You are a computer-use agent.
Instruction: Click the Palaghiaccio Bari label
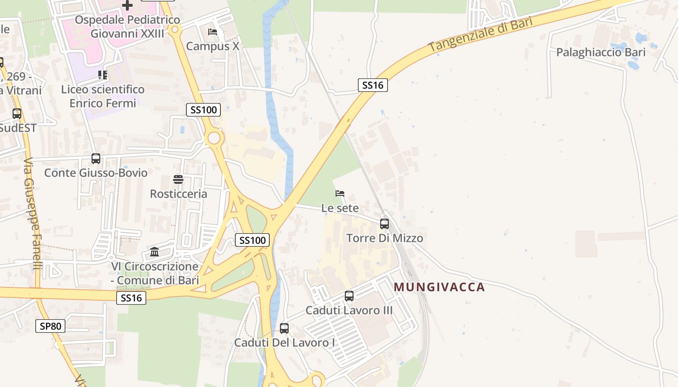point(601,52)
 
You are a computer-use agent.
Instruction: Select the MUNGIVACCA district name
point(439,287)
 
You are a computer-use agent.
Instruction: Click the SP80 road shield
point(50,326)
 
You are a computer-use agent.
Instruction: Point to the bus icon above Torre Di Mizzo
point(385,223)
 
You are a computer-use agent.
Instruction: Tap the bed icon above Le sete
point(340,193)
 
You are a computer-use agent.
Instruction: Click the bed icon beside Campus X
point(213,32)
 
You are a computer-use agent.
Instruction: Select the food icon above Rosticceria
point(178,179)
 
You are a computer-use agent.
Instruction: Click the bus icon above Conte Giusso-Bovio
point(96,158)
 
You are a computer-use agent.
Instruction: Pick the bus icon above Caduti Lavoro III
point(349,296)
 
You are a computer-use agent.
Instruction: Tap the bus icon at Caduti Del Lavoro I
point(284,328)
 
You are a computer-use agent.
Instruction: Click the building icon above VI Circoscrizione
point(154,252)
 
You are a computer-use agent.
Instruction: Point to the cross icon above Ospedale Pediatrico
point(127,5)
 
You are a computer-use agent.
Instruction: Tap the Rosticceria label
point(178,194)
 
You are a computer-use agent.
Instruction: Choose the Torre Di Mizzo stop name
point(385,238)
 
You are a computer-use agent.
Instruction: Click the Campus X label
point(213,46)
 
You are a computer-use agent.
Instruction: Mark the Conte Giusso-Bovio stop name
point(96,173)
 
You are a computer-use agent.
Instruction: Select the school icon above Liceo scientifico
point(103,75)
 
